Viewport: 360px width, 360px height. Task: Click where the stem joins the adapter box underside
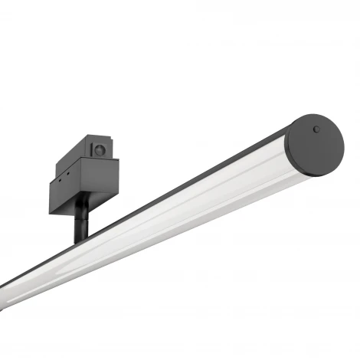[x=82, y=215]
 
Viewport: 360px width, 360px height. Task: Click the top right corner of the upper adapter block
[x=114, y=139]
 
